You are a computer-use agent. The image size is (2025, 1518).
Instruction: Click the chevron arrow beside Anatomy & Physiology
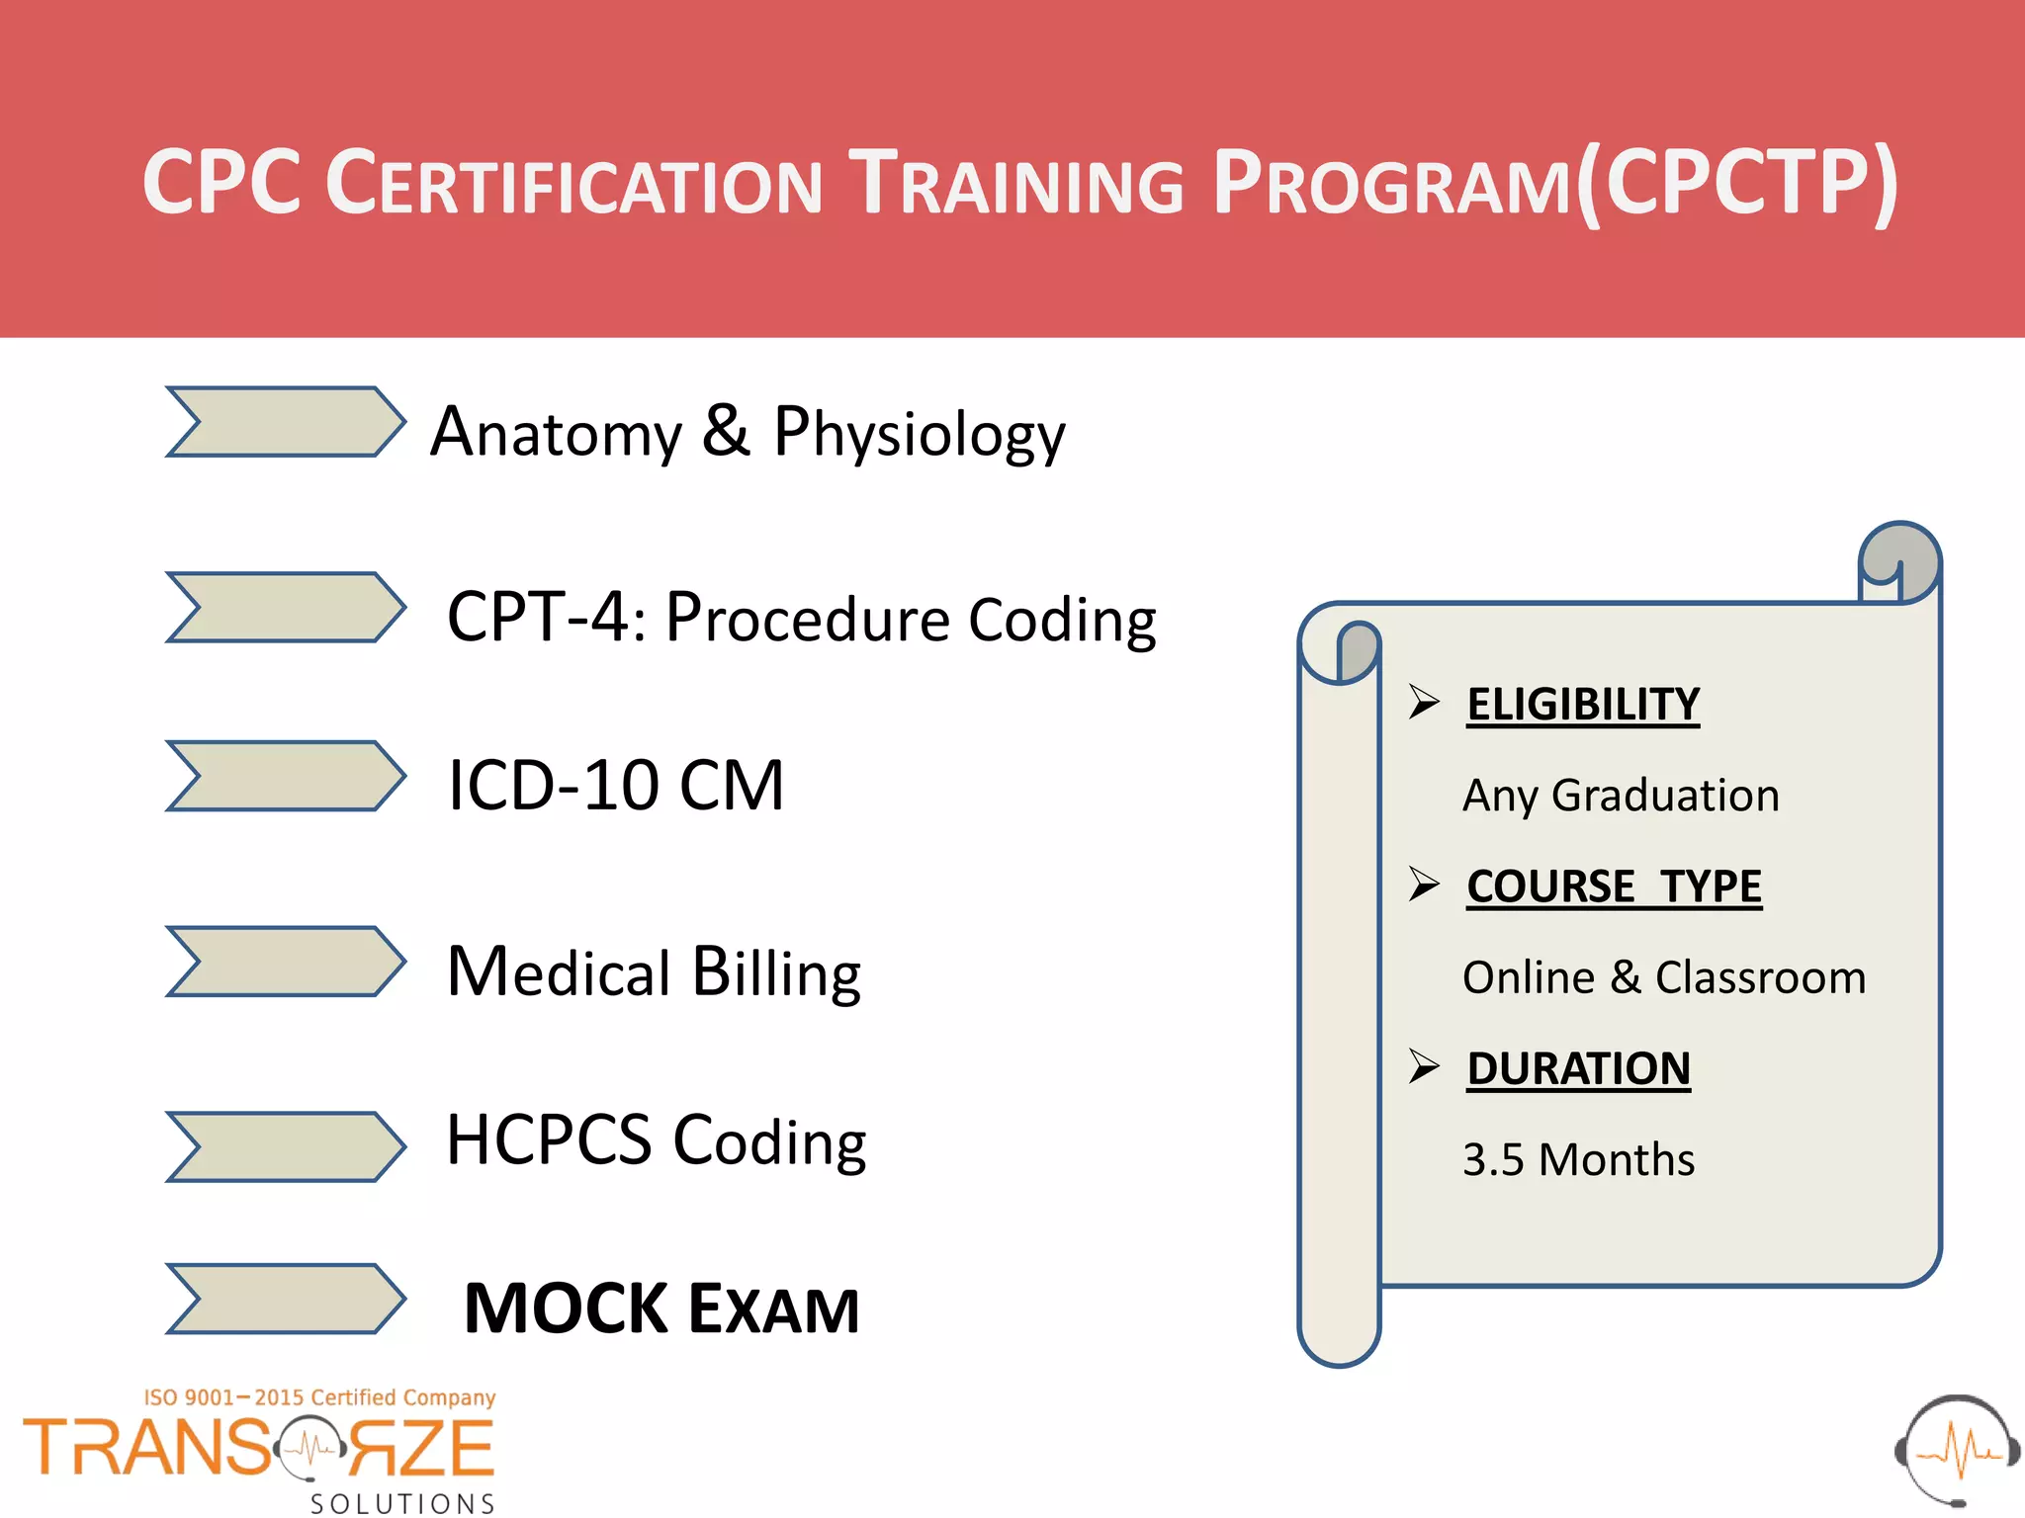tap(285, 422)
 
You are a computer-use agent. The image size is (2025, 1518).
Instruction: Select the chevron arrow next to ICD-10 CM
tap(285, 776)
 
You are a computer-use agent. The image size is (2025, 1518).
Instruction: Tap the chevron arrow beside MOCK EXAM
tap(285, 1299)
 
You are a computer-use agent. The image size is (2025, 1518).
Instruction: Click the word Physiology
tap(919, 434)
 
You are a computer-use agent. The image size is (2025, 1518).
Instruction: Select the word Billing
tap(775, 972)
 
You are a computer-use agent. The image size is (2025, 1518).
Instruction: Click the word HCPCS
tap(549, 1140)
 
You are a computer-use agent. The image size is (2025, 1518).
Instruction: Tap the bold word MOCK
tap(566, 1309)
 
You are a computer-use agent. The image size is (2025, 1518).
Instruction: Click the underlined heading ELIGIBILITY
tap(1583, 706)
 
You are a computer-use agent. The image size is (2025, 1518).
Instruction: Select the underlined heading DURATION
tap(1578, 1069)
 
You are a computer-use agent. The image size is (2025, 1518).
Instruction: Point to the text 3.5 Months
tap(1578, 1159)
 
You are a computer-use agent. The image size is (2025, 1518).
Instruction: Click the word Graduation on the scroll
tap(1665, 796)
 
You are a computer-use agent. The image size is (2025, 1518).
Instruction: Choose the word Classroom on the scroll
tap(1760, 977)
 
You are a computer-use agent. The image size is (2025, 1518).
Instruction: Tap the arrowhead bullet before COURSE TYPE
tap(1424, 884)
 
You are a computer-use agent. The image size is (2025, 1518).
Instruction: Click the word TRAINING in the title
tap(1018, 184)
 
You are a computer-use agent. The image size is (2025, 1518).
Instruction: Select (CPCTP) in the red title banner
tap(1736, 182)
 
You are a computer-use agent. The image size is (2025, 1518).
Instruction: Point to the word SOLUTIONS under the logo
tap(402, 1503)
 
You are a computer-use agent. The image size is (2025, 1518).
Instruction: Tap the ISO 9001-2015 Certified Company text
tap(319, 1397)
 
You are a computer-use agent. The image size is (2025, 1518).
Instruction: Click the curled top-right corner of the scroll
tap(1900, 561)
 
